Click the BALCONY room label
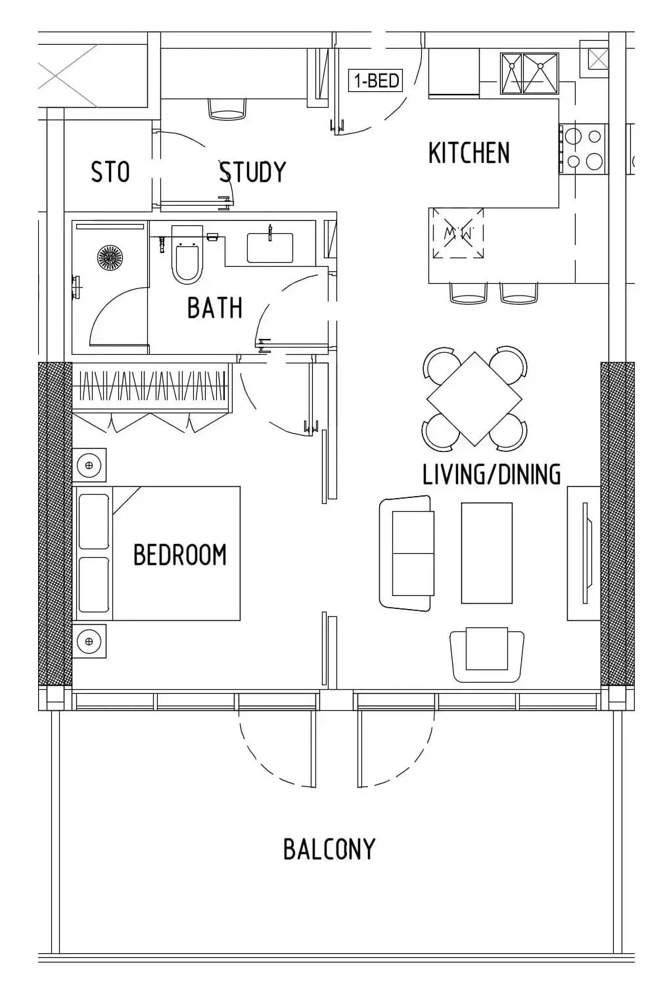click(329, 849)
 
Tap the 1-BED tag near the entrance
click(376, 81)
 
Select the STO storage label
click(110, 172)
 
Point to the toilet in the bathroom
click(187, 255)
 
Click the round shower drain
click(110, 257)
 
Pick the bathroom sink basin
click(270, 248)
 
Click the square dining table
click(474, 398)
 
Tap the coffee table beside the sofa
click(486, 553)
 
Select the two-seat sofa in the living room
click(407, 553)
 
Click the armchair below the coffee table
click(487, 655)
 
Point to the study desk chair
click(227, 108)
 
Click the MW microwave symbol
click(457, 233)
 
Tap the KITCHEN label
click(469, 152)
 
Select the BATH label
click(215, 307)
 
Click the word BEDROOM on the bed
click(180, 555)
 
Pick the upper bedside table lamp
click(89, 465)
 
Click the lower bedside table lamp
click(89, 641)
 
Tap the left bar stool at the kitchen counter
click(469, 293)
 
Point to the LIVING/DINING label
click(492, 474)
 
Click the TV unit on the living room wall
click(584, 553)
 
